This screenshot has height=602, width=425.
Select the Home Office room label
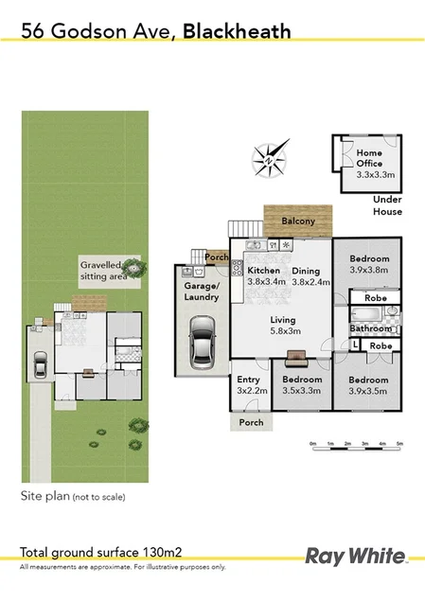point(369,157)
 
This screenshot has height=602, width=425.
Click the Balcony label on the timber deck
point(298,221)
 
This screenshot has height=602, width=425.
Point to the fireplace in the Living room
point(295,358)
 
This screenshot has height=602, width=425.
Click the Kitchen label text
point(264,270)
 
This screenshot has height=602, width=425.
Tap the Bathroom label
point(369,328)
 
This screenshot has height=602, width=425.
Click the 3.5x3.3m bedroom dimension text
point(301,390)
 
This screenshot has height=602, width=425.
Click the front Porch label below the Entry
point(251,422)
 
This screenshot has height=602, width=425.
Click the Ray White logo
point(355,557)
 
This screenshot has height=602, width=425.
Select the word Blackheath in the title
point(237,31)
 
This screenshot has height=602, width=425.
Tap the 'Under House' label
point(387,205)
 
